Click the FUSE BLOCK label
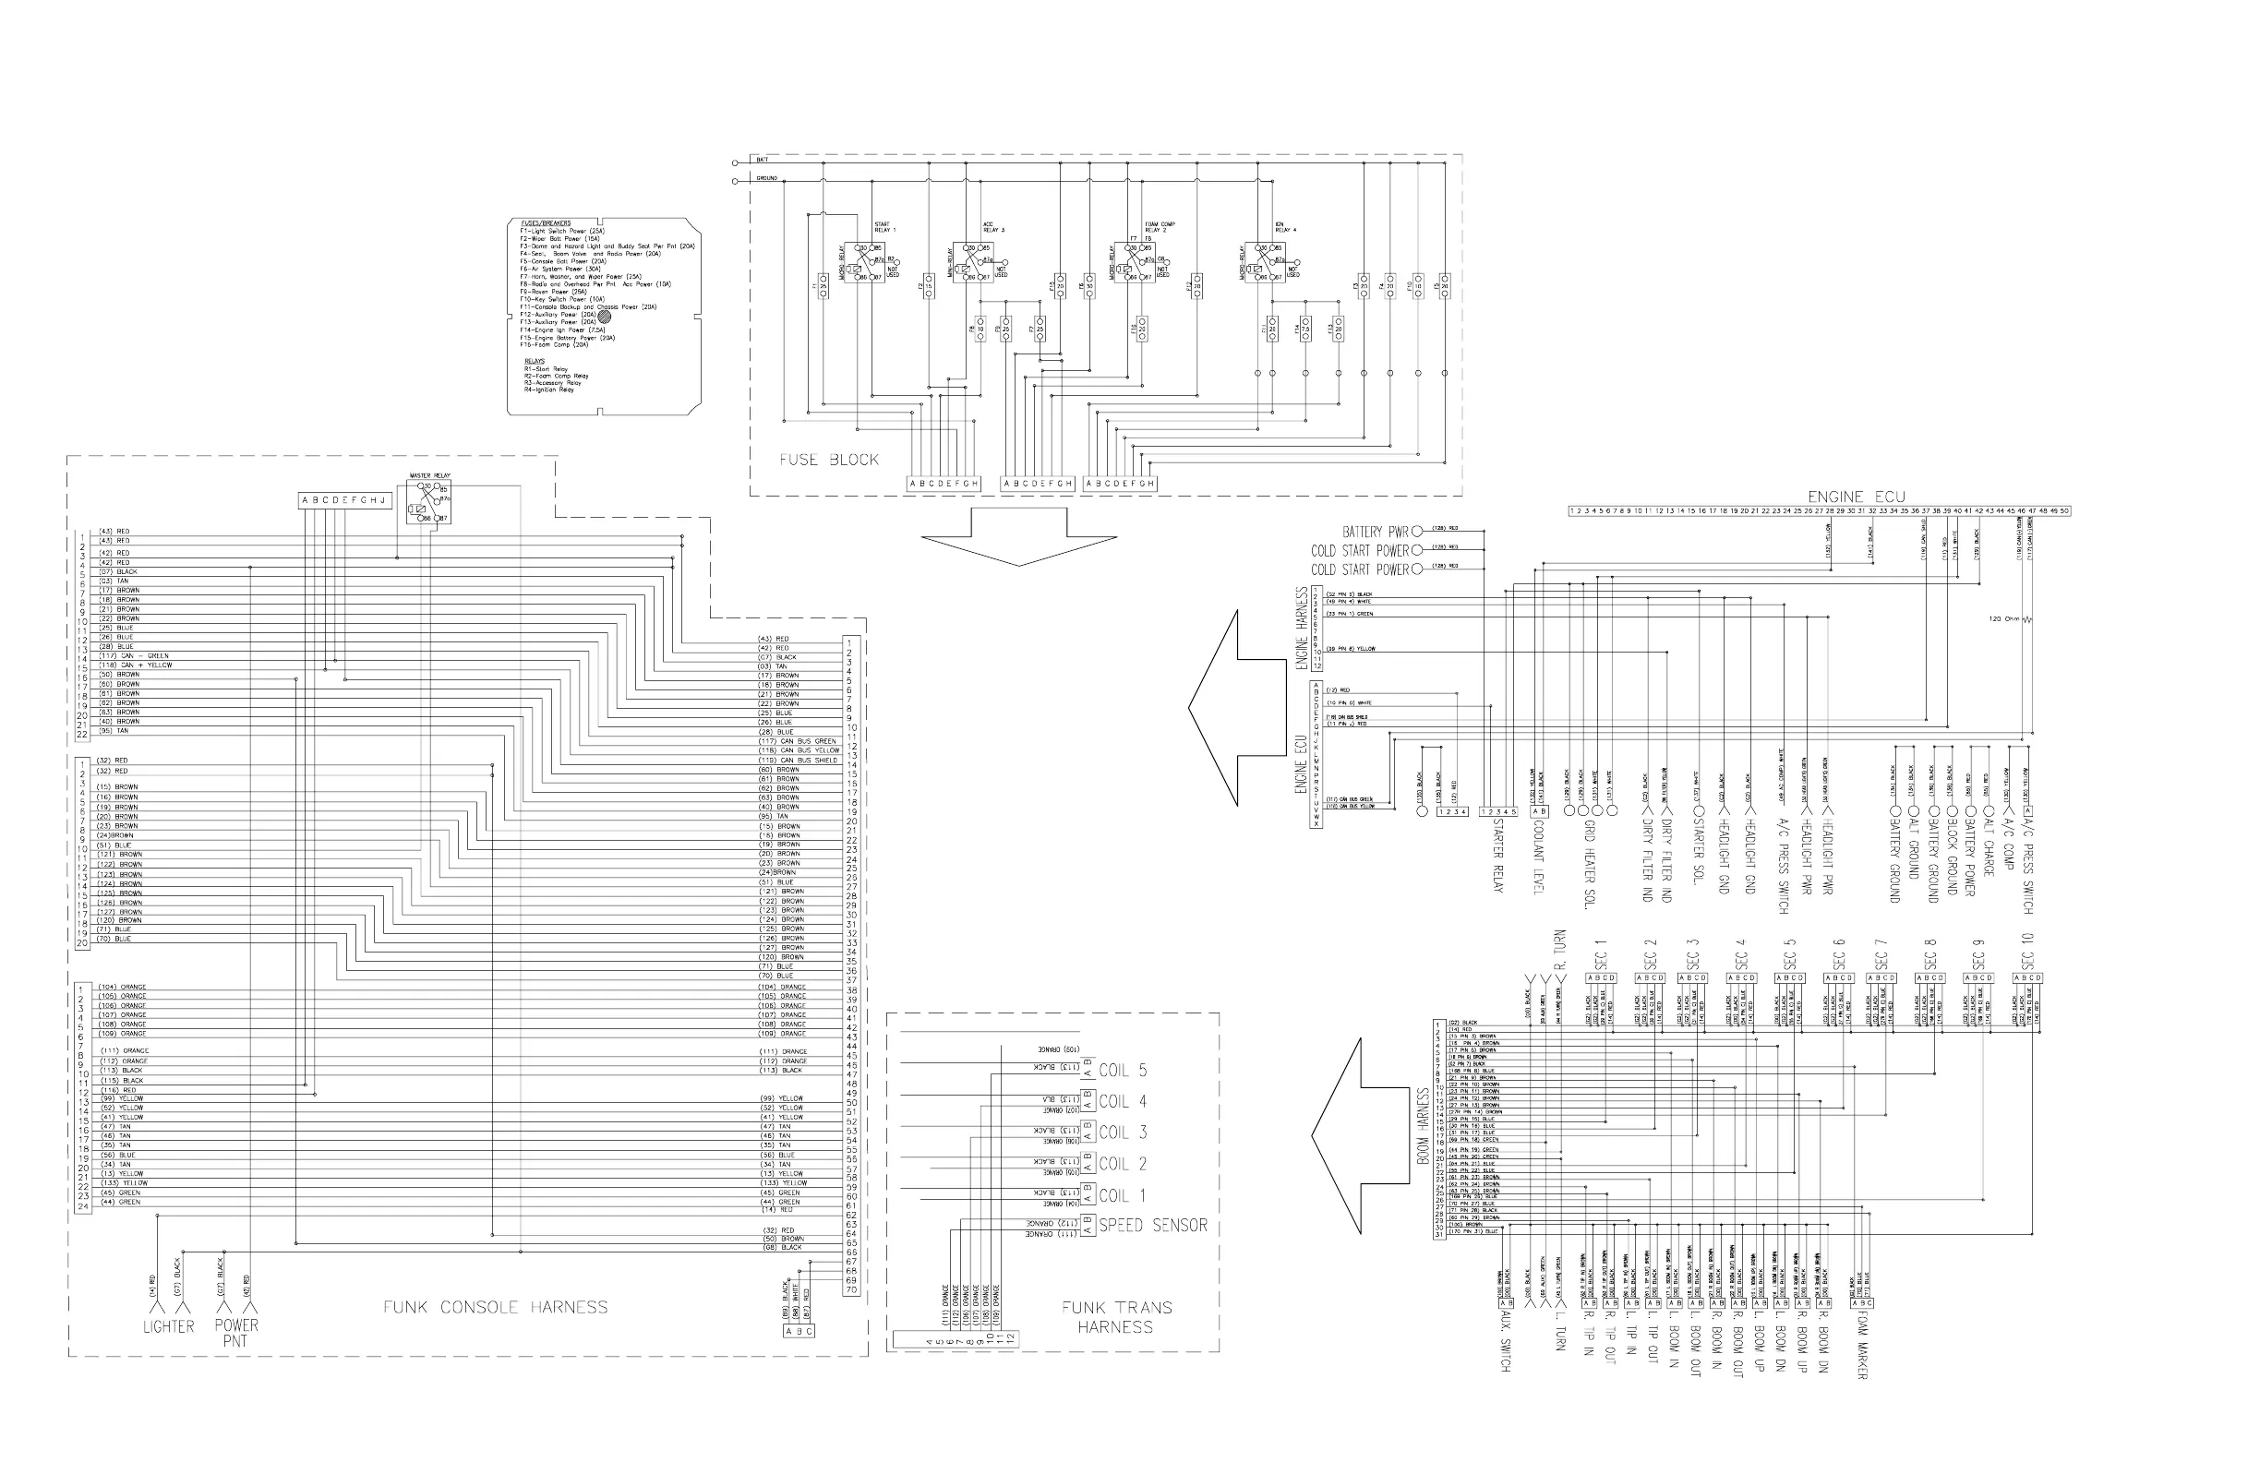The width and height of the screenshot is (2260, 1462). (x=829, y=461)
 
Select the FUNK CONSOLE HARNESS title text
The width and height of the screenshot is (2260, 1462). (x=495, y=1307)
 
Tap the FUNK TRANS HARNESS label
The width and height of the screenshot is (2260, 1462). (x=1117, y=1317)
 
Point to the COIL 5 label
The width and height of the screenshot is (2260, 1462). (x=1123, y=1071)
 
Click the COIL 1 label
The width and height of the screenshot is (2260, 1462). (x=1123, y=1196)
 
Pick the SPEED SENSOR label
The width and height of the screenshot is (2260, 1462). (x=1153, y=1226)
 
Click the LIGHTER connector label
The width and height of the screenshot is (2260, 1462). (x=168, y=1326)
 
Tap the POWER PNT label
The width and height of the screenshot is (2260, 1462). (x=235, y=1332)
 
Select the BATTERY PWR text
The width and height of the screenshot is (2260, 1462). (x=1375, y=532)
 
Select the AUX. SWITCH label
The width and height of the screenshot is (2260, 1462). (x=1505, y=1342)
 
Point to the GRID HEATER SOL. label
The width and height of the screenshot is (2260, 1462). (x=1588, y=864)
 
